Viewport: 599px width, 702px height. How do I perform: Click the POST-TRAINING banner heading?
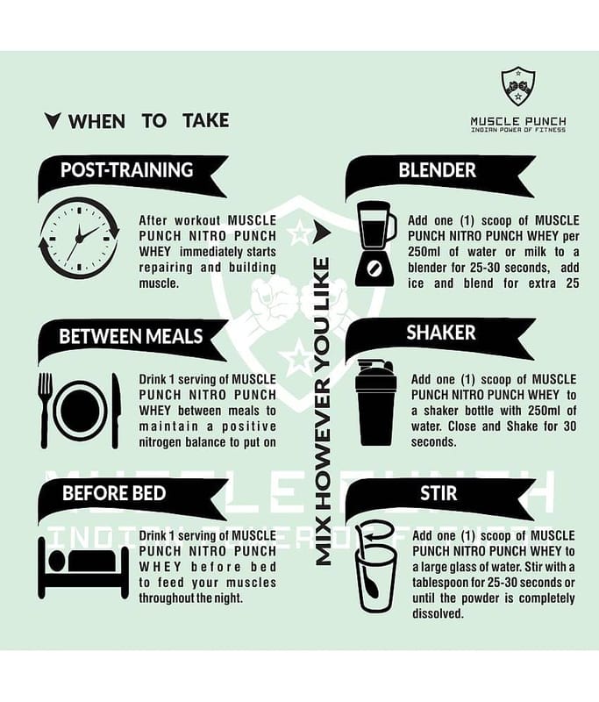(x=126, y=170)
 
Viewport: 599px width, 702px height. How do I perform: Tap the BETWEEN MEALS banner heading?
(x=131, y=337)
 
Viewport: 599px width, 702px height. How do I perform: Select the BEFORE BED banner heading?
(x=114, y=493)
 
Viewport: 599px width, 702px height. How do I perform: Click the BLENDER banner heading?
(x=437, y=170)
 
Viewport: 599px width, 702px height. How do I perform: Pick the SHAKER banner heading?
(x=440, y=333)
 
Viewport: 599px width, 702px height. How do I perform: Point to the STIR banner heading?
(x=439, y=493)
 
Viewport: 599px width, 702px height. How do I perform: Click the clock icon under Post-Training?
(x=79, y=238)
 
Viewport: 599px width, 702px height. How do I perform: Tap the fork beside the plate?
(x=45, y=410)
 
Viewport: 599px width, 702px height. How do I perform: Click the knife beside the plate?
(x=116, y=410)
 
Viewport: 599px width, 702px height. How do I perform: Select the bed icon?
(x=83, y=569)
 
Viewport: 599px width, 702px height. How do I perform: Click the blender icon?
(x=375, y=244)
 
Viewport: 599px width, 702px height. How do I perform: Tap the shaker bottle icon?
(x=375, y=402)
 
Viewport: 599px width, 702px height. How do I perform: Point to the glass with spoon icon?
(x=375, y=567)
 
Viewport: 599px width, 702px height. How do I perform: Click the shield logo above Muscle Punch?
(x=518, y=86)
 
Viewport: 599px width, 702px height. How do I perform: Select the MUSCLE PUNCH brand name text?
(x=518, y=121)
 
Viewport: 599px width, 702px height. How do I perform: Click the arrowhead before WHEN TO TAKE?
(x=53, y=121)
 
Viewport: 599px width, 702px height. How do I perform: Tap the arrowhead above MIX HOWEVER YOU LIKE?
(x=322, y=232)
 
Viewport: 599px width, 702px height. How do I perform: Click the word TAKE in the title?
(x=206, y=121)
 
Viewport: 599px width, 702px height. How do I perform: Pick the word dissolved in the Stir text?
(x=437, y=613)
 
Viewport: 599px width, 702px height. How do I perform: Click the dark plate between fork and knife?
(x=81, y=411)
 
